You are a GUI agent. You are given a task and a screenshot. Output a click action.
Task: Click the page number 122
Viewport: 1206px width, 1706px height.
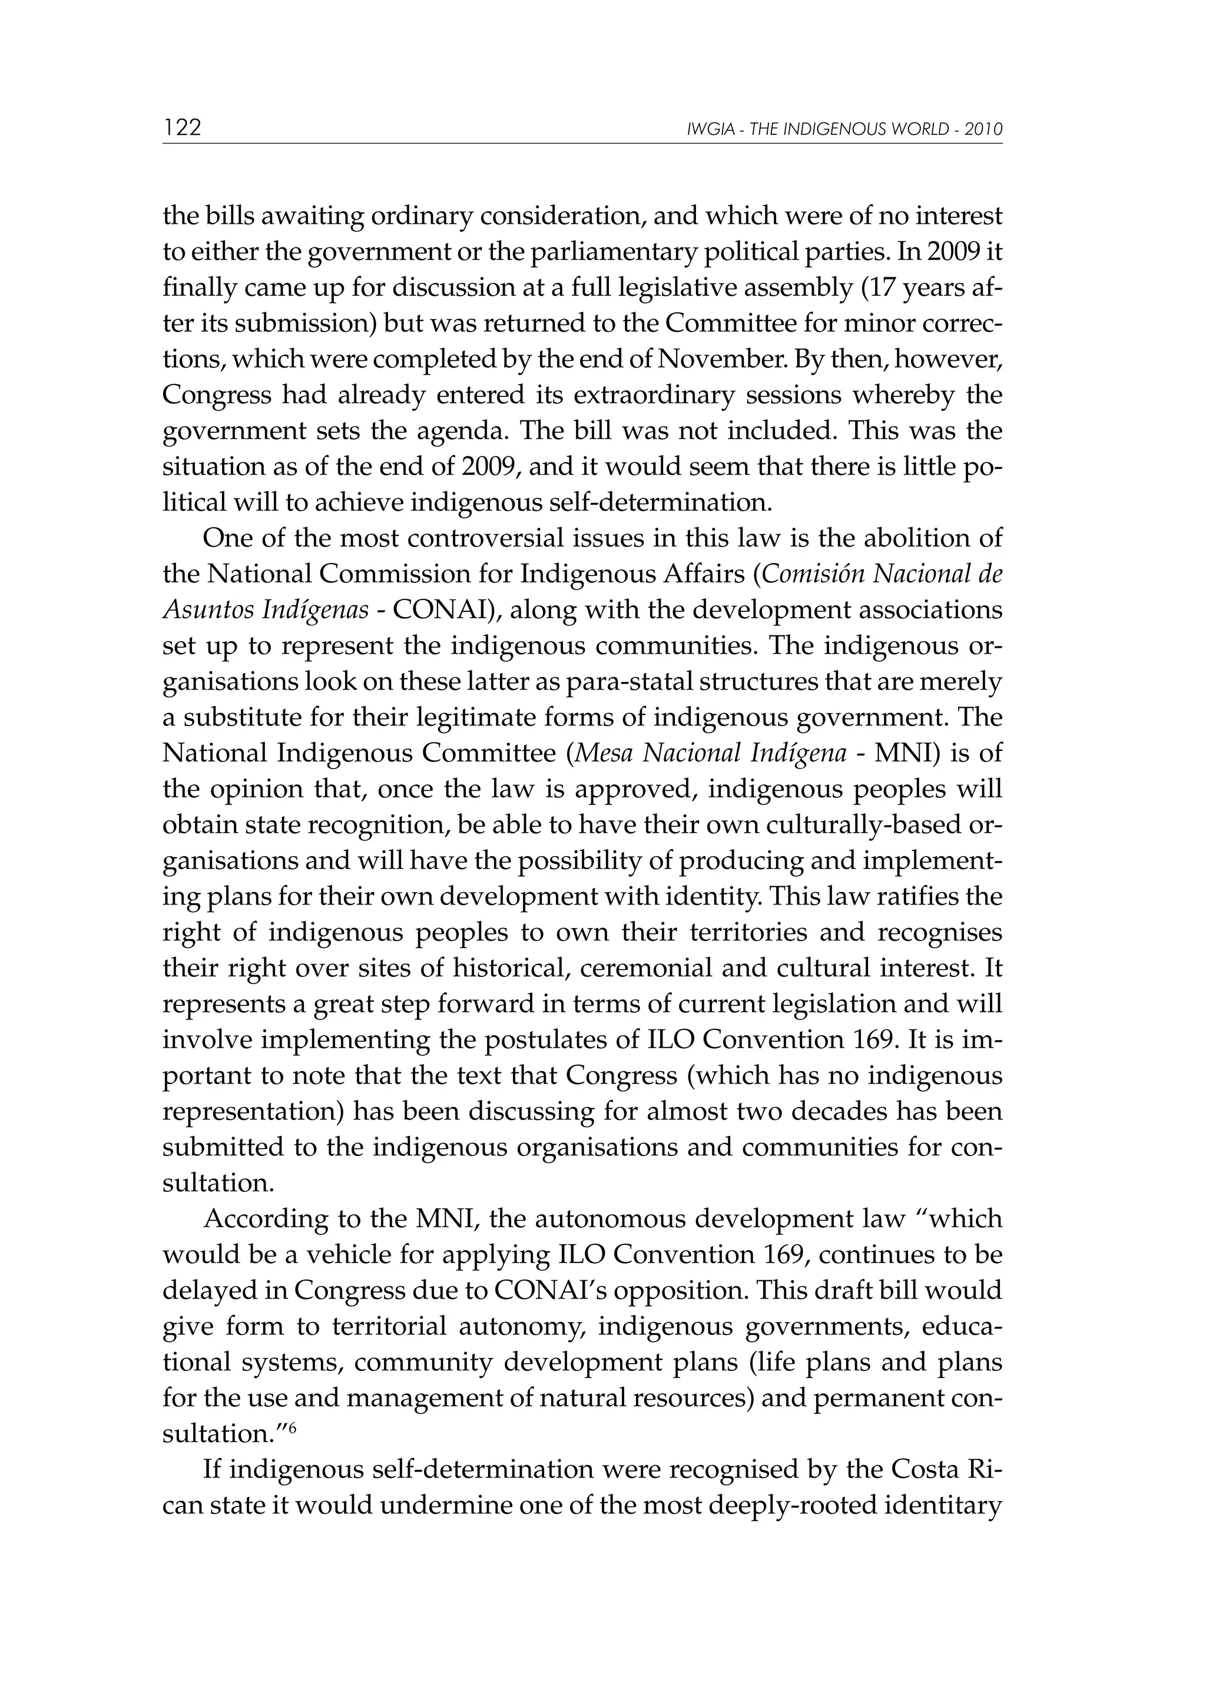tap(183, 128)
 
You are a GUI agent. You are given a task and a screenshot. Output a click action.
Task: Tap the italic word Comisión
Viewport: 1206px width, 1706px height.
tap(811, 574)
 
